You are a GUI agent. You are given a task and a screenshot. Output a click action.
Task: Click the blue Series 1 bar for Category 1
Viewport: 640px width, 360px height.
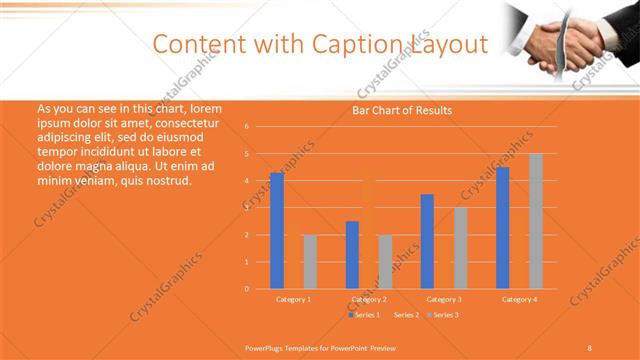tap(277, 230)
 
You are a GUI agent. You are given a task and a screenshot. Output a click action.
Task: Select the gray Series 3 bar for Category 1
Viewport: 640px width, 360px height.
tap(310, 261)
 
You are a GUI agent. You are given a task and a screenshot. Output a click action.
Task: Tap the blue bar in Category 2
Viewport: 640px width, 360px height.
tap(352, 254)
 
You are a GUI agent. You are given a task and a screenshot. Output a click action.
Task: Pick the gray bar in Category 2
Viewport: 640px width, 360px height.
tap(385, 261)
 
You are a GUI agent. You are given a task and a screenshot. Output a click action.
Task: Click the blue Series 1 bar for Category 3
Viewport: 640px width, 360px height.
tap(427, 241)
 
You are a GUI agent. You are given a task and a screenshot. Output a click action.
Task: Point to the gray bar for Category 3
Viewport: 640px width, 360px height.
tap(460, 247)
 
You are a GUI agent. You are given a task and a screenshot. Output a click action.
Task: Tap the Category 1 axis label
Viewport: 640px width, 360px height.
tap(293, 299)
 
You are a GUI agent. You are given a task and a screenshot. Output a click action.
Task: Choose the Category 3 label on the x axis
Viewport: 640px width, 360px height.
tap(443, 299)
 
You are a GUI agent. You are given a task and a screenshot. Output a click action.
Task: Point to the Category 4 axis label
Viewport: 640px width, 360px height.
tap(518, 299)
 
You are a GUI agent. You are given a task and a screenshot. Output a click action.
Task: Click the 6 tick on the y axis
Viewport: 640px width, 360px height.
tap(246, 127)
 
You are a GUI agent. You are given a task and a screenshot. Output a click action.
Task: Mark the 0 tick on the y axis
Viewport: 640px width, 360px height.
tap(246, 289)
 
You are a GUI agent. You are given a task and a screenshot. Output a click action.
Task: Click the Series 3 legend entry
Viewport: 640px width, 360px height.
tap(443, 315)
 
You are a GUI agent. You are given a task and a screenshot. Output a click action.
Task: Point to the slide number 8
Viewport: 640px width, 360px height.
tap(590, 346)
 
